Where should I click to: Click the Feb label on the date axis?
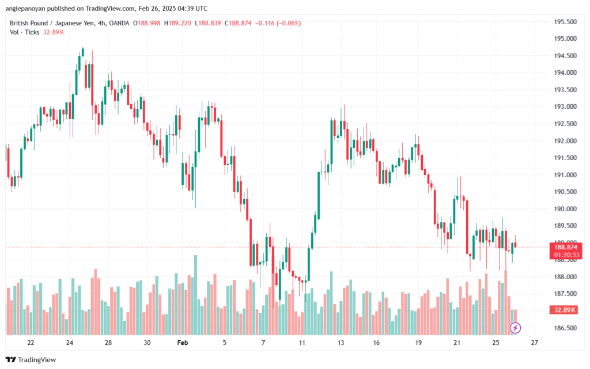(x=183, y=343)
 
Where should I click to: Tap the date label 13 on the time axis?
(x=341, y=343)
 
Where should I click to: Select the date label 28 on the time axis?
(x=108, y=343)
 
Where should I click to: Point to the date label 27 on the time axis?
(x=534, y=343)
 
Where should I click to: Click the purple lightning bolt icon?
(x=516, y=328)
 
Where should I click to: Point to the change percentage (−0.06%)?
(x=289, y=23)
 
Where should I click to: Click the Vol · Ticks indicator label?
(x=24, y=32)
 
